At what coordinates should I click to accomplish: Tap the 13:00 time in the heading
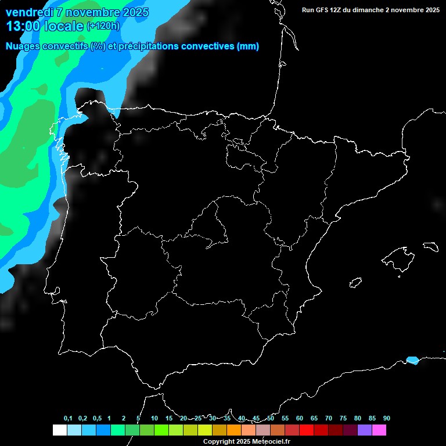click(23, 26)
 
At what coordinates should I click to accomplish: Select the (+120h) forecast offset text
click(103, 26)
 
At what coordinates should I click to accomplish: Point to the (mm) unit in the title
click(247, 46)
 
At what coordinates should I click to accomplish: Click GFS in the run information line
click(323, 10)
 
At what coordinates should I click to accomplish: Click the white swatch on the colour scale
click(59, 430)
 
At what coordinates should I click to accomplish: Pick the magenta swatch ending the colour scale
click(379, 430)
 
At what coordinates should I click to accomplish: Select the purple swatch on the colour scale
click(365, 430)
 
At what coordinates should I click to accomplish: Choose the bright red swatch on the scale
click(307, 430)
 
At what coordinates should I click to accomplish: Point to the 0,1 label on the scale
click(68, 418)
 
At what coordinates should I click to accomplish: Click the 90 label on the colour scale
click(386, 418)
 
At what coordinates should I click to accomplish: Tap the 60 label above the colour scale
click(300, 418)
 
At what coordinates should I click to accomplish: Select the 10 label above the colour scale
click(154, 418)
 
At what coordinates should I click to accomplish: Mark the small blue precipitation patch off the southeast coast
click(412, 360)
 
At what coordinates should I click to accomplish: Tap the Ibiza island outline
click(356, 282)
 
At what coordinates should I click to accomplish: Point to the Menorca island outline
click(431, 246)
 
